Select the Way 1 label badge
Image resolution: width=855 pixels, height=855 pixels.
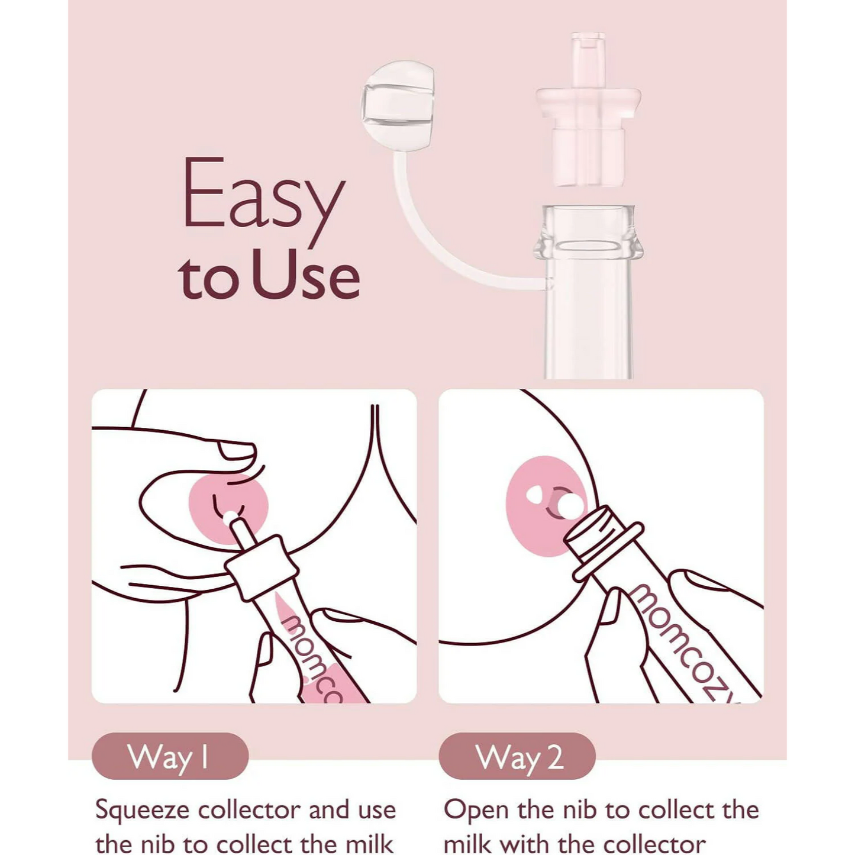point(170,756)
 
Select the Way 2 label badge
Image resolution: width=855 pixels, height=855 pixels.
point(517,756)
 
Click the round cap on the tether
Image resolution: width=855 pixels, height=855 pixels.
point(398,105)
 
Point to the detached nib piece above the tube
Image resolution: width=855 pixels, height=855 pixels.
point(588,112)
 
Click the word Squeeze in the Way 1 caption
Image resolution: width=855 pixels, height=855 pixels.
point(143,810)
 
